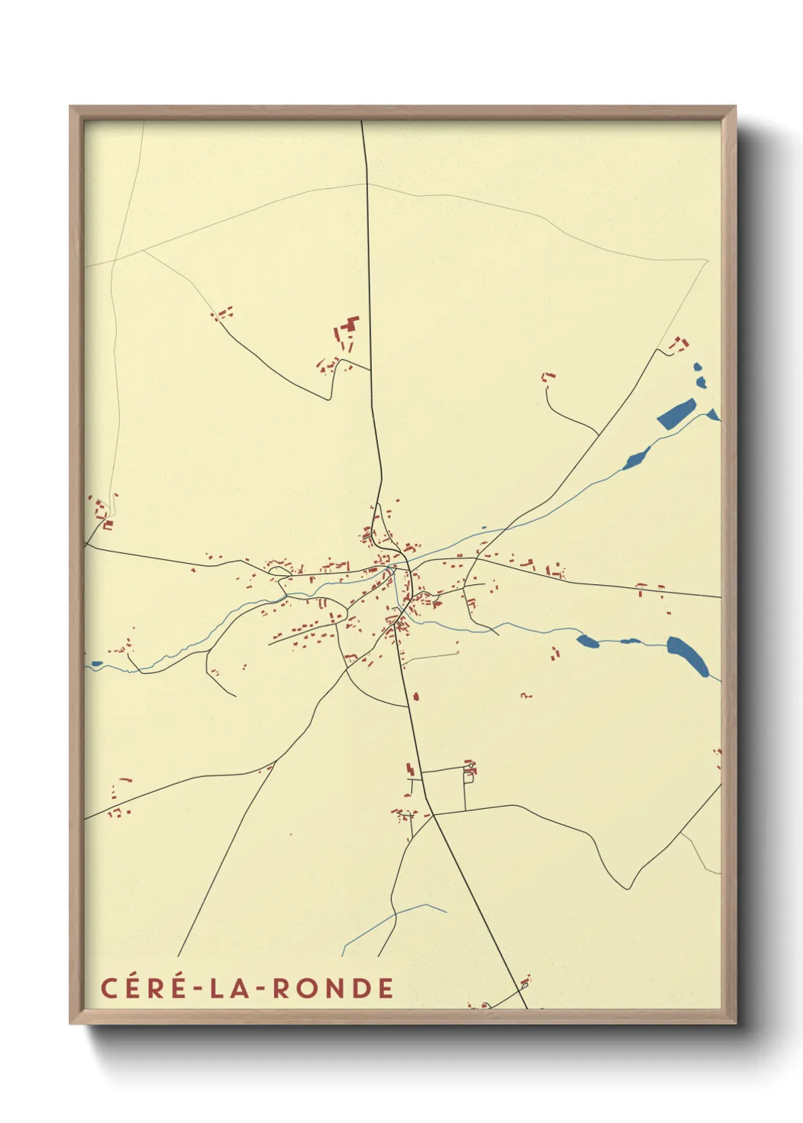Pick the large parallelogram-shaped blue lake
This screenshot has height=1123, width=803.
click(676, 414)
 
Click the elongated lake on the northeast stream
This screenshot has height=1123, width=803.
click(635, 458)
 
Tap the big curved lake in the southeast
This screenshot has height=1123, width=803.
click(688, 655)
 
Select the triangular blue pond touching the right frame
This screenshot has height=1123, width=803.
click(713, 414)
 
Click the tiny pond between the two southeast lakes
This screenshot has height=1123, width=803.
click(630, 642)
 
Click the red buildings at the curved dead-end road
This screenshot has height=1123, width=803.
click(547, 376)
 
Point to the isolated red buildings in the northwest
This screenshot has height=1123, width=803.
click(222, 313)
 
